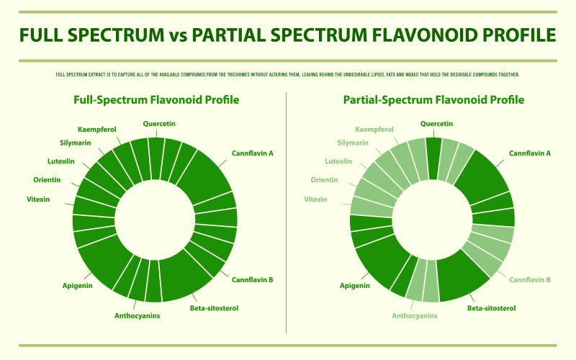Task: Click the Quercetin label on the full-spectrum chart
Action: tap(159, 124)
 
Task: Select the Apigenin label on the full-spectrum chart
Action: tap(78, 286)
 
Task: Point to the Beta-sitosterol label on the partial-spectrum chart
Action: tap(491, 308)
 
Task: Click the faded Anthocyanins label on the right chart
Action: tap(414, 315)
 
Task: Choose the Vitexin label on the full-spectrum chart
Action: tap(37, 199)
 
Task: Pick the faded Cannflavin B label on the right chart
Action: tap(530, 279)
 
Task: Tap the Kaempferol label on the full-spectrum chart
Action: tap(96, 130)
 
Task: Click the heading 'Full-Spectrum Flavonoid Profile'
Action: tap(156, 100)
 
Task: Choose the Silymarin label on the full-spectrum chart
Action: tap(75, 143)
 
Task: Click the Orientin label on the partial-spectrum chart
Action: tap(325, 179)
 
